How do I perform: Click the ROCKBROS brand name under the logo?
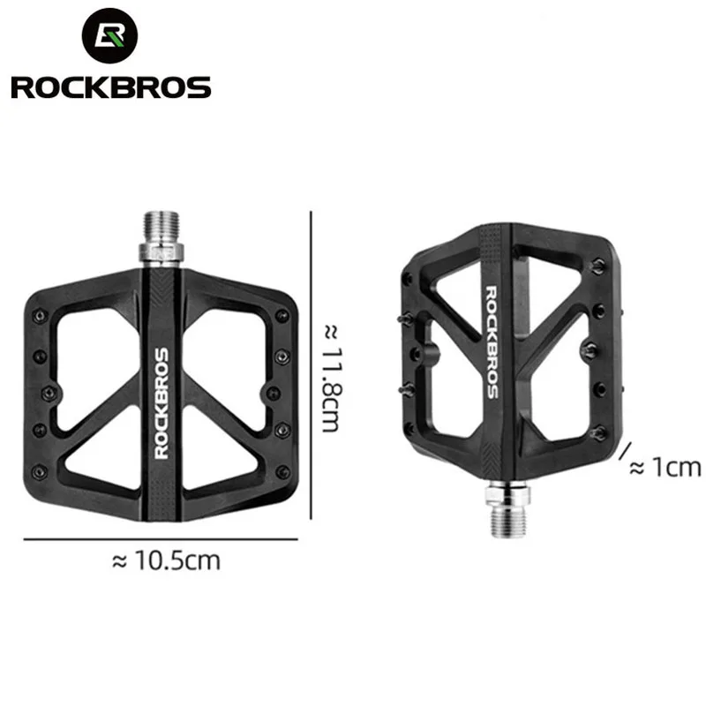110,87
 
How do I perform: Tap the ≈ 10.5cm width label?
167,560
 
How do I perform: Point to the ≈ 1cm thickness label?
664,468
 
